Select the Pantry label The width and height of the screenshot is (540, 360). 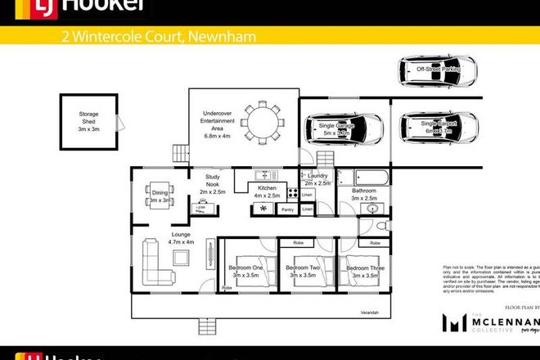point(287,210)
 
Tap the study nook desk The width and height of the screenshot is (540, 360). point(199,209)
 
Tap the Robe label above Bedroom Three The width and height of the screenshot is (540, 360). point(375,243)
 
